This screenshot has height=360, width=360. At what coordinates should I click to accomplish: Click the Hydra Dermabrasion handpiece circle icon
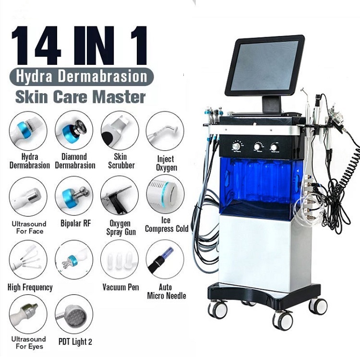tap(28, 131)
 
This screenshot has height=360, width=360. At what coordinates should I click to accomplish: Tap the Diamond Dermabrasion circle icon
tap(74, 131)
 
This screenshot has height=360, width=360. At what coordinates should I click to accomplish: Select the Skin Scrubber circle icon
tap(120, 131)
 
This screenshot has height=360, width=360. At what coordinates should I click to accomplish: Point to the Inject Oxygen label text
tap(167, 163)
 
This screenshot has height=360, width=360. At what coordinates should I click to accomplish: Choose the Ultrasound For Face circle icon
tap(28, 196)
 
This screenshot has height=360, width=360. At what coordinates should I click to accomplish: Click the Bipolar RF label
tap(75, 223)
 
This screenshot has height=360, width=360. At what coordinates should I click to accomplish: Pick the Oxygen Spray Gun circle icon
tap(120, 195)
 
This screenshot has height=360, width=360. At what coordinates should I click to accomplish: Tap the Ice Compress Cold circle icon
tap(165, 194)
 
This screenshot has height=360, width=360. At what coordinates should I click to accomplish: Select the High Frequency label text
tap(30, 287)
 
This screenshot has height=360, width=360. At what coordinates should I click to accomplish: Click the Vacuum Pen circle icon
tap(120, 259)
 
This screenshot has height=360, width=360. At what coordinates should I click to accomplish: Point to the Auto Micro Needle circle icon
tap(165, 259)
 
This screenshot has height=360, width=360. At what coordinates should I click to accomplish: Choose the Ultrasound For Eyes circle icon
tap(28, 314)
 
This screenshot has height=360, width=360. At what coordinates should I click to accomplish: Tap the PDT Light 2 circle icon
tap(74, 314)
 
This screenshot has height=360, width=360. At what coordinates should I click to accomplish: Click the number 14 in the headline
tap(36, 46)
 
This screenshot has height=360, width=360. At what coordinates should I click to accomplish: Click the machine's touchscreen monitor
tap(264, 66)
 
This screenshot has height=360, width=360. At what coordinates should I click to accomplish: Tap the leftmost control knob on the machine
tap(236, 146)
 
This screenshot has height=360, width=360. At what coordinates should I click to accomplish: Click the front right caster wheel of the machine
tap(283, 321)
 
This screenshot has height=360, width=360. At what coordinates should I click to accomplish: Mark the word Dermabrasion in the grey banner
tap(102, 76)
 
